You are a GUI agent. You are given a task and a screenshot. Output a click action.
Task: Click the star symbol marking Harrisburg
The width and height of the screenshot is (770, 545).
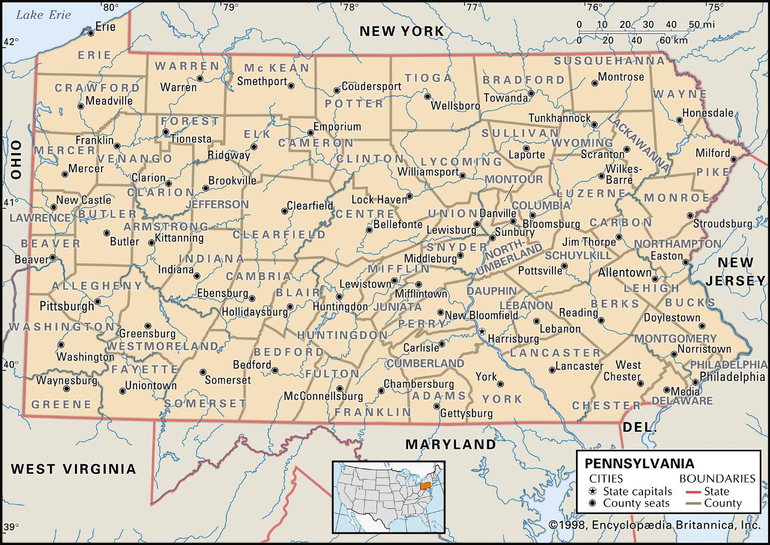481,332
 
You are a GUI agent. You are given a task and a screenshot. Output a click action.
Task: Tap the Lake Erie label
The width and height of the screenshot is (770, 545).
43,15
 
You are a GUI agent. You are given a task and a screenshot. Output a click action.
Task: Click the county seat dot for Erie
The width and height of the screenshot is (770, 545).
90,33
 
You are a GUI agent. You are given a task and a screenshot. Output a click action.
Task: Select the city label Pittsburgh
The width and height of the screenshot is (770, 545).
66,306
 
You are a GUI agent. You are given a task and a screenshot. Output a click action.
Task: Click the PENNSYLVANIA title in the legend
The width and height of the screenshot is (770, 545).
640,464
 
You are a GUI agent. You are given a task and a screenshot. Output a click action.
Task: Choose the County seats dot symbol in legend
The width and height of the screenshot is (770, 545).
592,504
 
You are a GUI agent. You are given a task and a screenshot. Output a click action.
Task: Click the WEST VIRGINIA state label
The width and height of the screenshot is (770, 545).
74,468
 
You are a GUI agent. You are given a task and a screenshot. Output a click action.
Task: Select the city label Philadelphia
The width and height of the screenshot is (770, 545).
732,377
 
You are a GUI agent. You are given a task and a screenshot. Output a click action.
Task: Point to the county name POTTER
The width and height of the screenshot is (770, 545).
354,104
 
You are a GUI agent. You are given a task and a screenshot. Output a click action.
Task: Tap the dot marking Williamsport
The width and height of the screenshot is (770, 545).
462,176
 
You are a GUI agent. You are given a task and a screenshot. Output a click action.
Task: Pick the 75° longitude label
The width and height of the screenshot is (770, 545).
716,7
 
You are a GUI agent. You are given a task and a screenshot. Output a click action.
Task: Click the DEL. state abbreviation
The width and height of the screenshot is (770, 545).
640,427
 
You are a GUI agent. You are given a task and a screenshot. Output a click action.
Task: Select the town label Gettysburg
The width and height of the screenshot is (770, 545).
466,414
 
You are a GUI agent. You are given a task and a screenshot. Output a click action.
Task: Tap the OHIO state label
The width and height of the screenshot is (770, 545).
17,159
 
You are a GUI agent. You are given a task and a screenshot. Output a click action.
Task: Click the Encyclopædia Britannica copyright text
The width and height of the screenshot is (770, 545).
654,525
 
